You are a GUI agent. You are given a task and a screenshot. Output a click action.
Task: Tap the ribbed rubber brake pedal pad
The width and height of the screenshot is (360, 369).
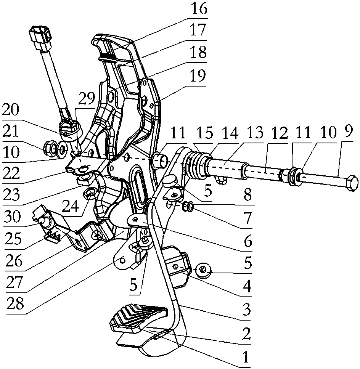click(139, 318)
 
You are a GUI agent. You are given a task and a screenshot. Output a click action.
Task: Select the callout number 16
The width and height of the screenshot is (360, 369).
click(199, 9)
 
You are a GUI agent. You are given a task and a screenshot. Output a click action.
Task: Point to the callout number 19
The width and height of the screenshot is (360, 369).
click(198, 75)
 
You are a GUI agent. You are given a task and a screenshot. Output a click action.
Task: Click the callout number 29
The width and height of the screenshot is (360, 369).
click(87, 99)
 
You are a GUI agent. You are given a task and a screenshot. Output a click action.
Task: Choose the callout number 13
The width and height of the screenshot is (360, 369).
click(254, 133)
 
